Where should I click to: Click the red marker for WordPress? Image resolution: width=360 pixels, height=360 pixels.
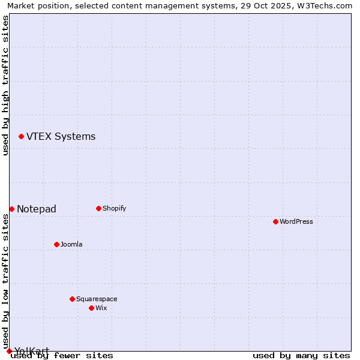[x=275, y=221]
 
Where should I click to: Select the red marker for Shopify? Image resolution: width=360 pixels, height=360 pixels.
[x=98, y=208]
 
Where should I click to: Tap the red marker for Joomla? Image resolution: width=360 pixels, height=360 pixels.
[x=56, y=244]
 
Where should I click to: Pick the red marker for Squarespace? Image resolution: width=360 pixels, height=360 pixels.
[x=72, y=299]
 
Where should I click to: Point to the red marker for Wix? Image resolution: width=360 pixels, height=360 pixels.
[x=91, y=308]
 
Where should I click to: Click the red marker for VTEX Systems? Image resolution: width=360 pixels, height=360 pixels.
[x=21, y=137]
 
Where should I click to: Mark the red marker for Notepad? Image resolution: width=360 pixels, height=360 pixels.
[x=11, y=209]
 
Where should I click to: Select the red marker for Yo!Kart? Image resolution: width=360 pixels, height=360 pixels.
[x=9, y=351]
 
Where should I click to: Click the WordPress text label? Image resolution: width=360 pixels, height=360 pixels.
[x=296, y=221]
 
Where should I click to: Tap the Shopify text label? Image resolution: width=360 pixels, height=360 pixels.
[x=114, y=208]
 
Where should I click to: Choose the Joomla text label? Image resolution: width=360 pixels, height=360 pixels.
[x=71, y=244]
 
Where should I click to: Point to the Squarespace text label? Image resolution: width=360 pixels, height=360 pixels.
[x=97, y=299]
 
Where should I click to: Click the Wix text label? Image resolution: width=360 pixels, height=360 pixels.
[x=101, y=308]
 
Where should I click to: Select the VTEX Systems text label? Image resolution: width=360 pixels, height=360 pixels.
[x=61, y=136]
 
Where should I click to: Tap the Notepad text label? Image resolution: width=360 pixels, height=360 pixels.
[x=37, y=209]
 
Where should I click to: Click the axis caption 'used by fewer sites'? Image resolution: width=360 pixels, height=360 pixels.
[x=62, y=356]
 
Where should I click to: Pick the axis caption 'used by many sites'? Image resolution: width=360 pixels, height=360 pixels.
[x=301, y=356]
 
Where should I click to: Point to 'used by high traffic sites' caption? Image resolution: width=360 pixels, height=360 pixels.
[x=5, y=85]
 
